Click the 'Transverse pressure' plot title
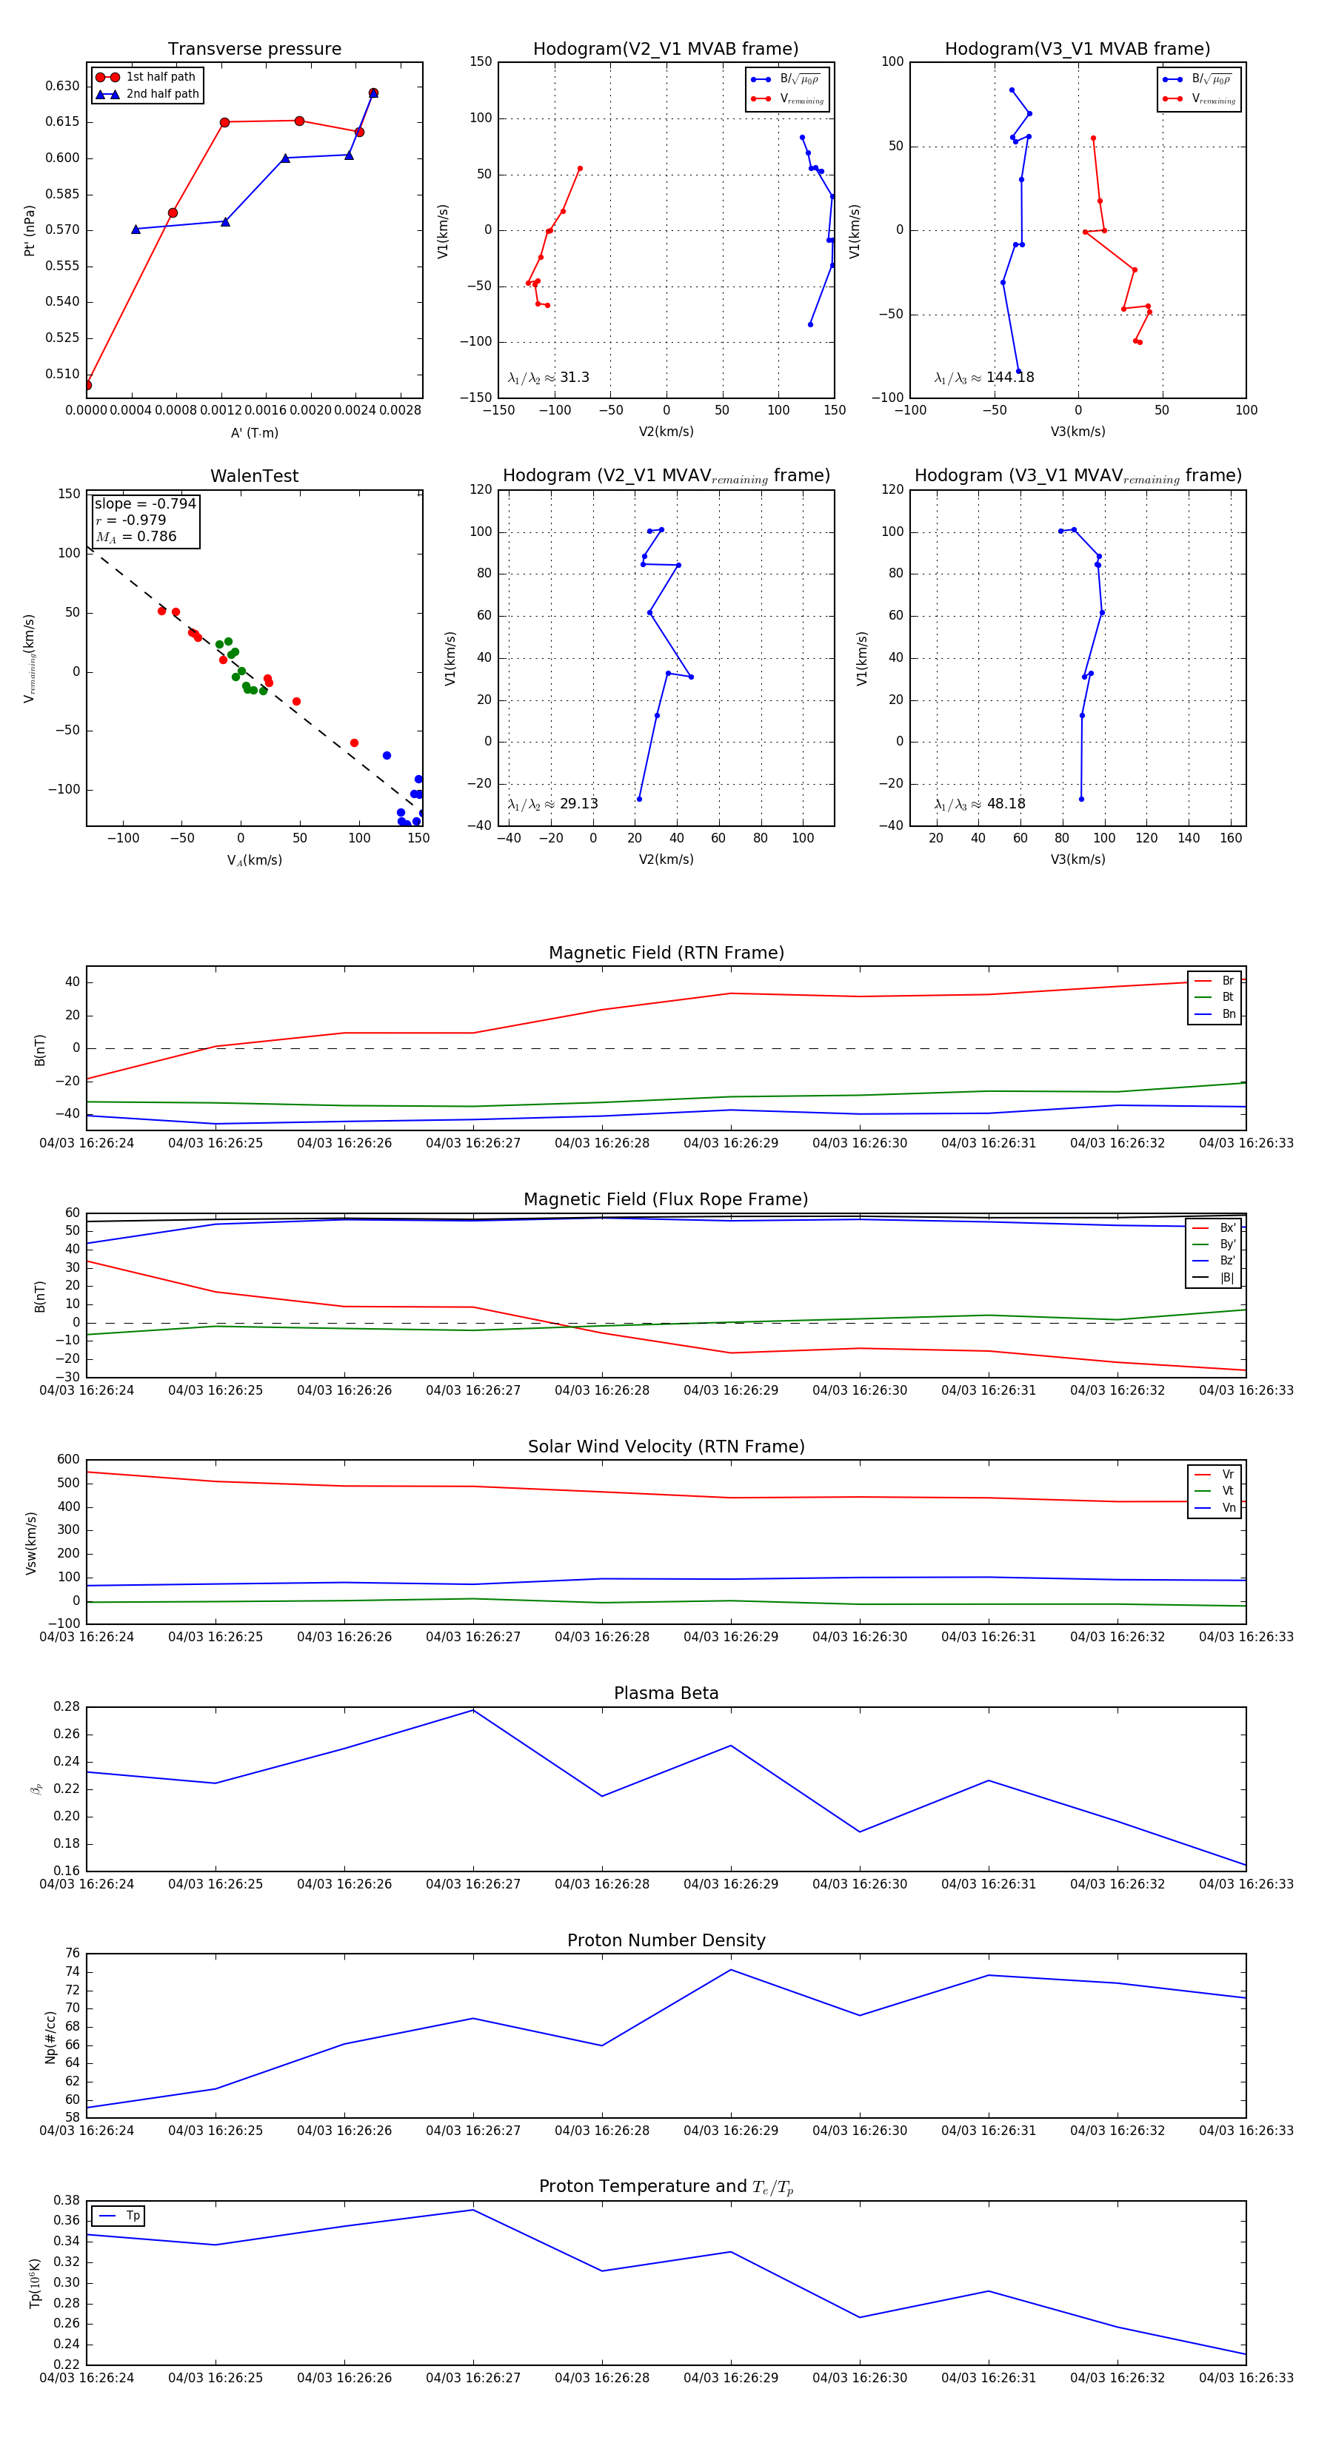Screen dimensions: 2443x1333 click(254, 50)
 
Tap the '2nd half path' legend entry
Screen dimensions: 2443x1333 click(162, 94)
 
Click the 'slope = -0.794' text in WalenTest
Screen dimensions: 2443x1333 click(145, 503)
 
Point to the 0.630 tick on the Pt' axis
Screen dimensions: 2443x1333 click(63, 87)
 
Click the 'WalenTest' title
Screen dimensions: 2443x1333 click(254, 476)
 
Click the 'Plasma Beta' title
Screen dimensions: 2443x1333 click(666, 1693)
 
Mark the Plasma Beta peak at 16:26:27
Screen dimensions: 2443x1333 click(473, 1710)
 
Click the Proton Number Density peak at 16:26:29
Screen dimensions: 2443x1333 click(730, 1970)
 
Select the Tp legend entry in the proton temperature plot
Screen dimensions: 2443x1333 click(132, 2216)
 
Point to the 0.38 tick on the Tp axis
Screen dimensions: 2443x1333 click(67, 2200)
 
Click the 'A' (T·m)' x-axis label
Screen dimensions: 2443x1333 click(254, 432)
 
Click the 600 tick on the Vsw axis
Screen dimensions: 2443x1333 click(68, 1460)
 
